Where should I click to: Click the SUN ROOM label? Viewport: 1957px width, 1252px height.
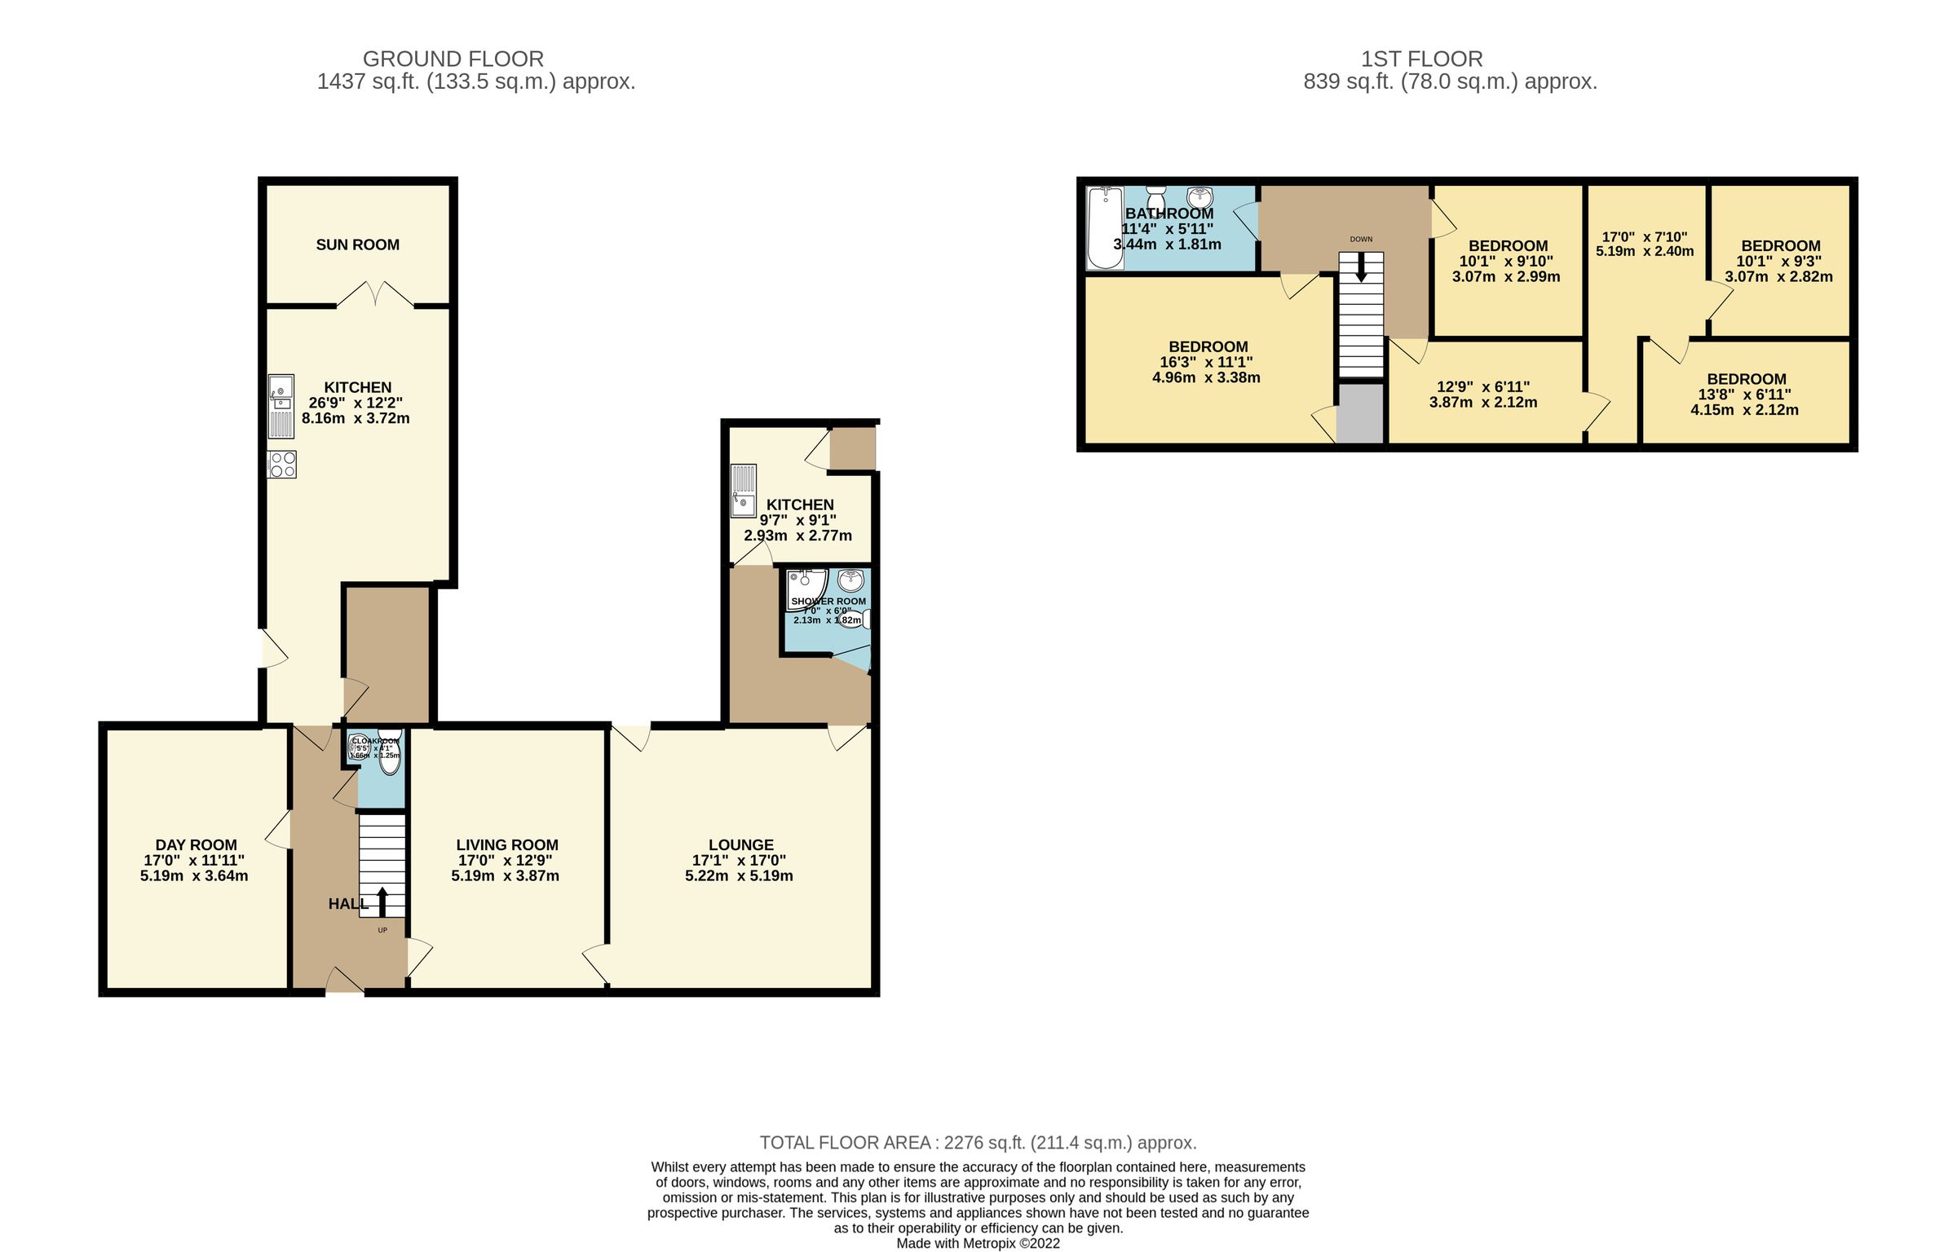pos(357,245)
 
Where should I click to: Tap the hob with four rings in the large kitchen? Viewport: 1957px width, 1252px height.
pos(282,465)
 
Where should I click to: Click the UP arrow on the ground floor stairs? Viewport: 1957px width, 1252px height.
pos(382,901)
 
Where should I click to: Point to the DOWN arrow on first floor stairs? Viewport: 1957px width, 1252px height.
pos(1360,269)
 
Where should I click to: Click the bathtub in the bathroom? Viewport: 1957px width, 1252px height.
pos(1105,227)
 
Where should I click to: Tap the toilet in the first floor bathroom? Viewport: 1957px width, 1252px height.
pos(1155,196)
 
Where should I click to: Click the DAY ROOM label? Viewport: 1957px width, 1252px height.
pos(196,845)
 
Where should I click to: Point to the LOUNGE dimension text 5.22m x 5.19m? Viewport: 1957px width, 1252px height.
pos(739,876)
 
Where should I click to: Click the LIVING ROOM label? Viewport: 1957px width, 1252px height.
pos(506,845)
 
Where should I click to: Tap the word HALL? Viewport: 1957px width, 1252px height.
pos(347,904)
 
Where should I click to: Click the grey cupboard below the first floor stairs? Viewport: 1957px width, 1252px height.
pos(1361,413)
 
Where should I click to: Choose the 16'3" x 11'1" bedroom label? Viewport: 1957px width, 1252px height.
pos(1208,347)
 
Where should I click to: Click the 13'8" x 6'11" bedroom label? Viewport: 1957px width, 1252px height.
pos(1746,380)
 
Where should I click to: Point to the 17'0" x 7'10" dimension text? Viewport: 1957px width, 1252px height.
pos(1645,237)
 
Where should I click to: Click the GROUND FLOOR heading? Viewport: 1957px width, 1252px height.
pos(453,60)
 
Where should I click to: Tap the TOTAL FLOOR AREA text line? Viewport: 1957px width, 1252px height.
pos(978,1143)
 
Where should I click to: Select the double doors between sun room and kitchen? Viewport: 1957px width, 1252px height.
pos(375,294)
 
